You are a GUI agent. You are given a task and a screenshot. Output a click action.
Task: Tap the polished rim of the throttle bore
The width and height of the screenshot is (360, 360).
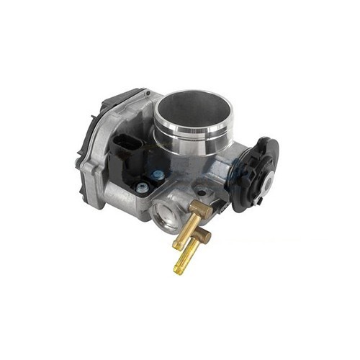216,101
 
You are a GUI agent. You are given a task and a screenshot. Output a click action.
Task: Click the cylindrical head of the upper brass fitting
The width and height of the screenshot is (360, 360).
201,210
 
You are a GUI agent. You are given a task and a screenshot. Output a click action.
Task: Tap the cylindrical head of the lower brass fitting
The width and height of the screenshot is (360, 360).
202,235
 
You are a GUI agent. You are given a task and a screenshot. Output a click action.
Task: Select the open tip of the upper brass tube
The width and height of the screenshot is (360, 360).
176,245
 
